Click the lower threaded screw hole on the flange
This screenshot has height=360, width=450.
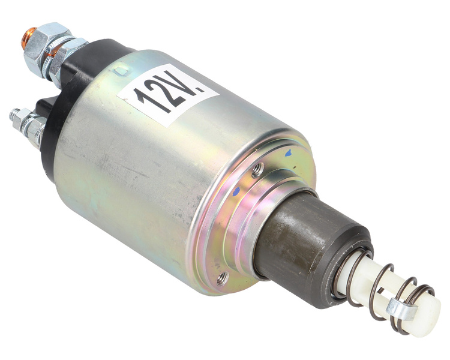point(223,277)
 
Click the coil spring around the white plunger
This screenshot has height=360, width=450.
point(384,288)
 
